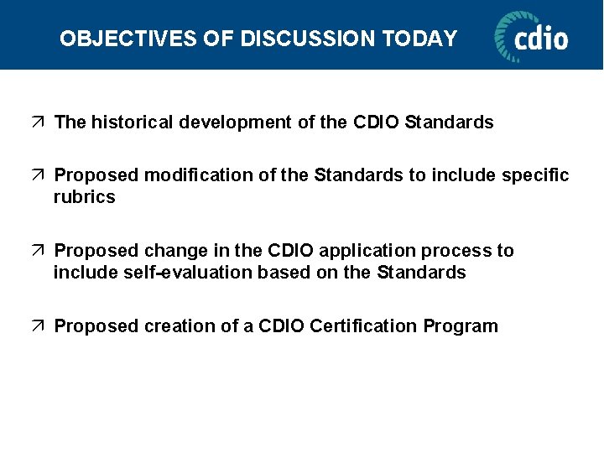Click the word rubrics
pyautogui.click(x=84, y=197)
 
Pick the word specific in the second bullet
pyautogui.click(x=535, y=175)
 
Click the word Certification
pyautogui.click(x=363, y=326)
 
